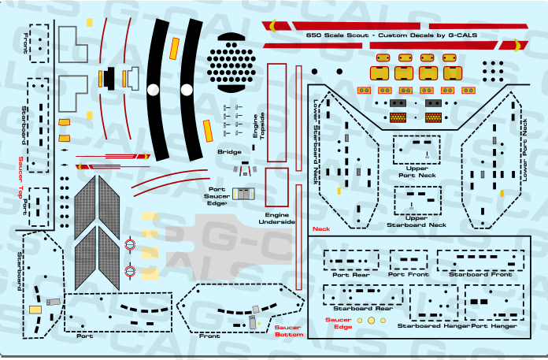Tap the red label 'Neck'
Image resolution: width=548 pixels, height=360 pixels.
point(320,229)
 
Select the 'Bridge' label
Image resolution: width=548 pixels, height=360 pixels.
point(229,151)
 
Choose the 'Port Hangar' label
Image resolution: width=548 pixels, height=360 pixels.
point(494,325)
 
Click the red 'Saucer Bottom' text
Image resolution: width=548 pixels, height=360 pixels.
point(289,331)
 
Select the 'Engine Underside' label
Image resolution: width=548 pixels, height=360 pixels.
point(277,217)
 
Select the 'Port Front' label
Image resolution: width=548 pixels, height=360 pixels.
point(407,274)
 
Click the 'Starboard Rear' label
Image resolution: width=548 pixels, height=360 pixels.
point(361,310)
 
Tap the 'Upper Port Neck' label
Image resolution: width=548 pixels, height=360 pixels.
point(417,171)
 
